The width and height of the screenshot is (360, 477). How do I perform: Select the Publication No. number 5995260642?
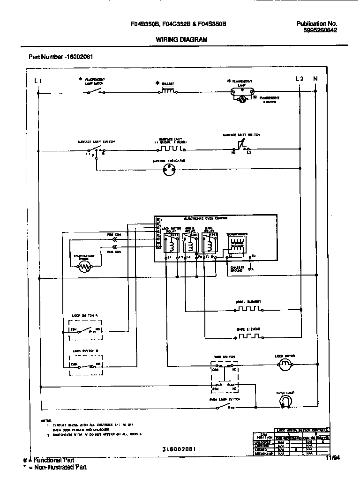point(317,30)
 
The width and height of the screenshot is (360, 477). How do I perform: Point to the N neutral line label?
point(315,79)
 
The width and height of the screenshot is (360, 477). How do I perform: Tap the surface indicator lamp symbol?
point(168,171)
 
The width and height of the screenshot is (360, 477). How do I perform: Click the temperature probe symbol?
point(84,267)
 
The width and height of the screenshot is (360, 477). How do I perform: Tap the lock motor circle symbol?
point(285,367)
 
